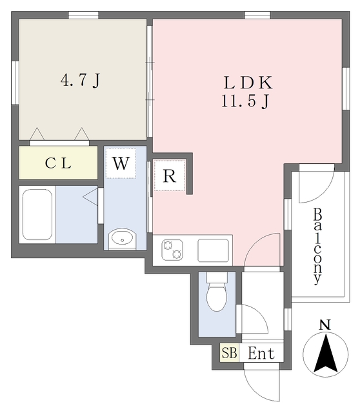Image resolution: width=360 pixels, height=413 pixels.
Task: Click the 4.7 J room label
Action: (80, 81)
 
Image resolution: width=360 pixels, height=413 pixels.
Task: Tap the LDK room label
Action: (248, 82)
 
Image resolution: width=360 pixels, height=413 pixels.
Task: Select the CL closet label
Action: (58, 163)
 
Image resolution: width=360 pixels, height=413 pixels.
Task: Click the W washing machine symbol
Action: (121, 163)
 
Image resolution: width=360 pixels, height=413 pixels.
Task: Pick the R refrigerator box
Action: (170, 176)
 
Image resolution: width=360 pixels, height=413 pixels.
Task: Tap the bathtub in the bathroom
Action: (36, 215)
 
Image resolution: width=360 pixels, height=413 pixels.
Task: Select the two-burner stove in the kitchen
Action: (173, 248)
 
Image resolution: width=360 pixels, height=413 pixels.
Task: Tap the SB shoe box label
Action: (229, 354)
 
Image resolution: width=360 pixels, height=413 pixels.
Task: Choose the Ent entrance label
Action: (261, 354)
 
